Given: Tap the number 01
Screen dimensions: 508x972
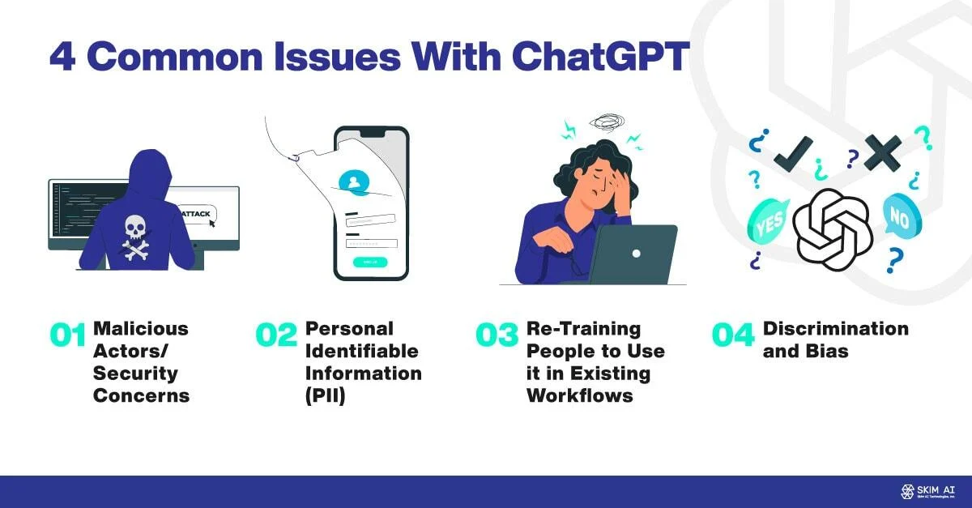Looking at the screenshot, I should coord(67,336).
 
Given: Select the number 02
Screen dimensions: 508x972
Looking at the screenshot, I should coord(277,336).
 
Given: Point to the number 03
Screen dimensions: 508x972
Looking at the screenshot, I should coord(497,336).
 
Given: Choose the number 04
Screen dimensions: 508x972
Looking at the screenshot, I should coord(733,336).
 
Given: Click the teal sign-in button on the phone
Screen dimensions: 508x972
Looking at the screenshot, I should coord(370,262).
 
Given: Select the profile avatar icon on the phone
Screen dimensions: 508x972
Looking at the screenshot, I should coord(353,182).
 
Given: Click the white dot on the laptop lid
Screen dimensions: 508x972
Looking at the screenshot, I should coord(636,254).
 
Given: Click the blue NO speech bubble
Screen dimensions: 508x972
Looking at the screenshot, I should coord(899,217).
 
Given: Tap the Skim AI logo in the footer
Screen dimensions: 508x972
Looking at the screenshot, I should coord(928,491).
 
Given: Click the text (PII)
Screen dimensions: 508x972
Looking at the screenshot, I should coord(326,396).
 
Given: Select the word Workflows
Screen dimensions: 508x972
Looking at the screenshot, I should coord(577,396).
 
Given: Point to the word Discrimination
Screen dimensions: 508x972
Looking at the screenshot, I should coord(836,329).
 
